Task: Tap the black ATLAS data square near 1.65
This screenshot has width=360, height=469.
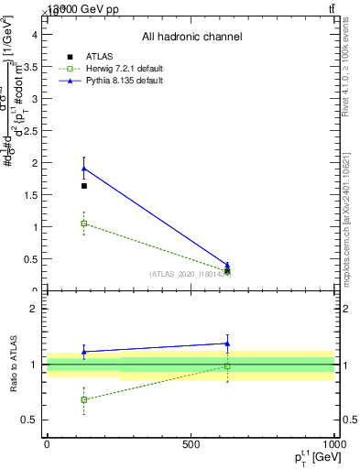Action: (84, 186)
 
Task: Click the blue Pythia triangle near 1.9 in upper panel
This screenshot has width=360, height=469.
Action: (84, 169)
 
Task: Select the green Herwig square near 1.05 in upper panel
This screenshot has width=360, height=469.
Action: (84, 224)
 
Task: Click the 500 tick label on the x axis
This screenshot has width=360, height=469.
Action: (191, 444)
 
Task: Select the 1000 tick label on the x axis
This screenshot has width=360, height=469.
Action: (333, 444)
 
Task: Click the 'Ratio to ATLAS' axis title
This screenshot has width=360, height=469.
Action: (13, 365)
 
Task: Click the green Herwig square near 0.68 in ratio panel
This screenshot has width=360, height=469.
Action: (84, 399)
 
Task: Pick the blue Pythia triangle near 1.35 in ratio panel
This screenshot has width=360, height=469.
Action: (227, 344)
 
